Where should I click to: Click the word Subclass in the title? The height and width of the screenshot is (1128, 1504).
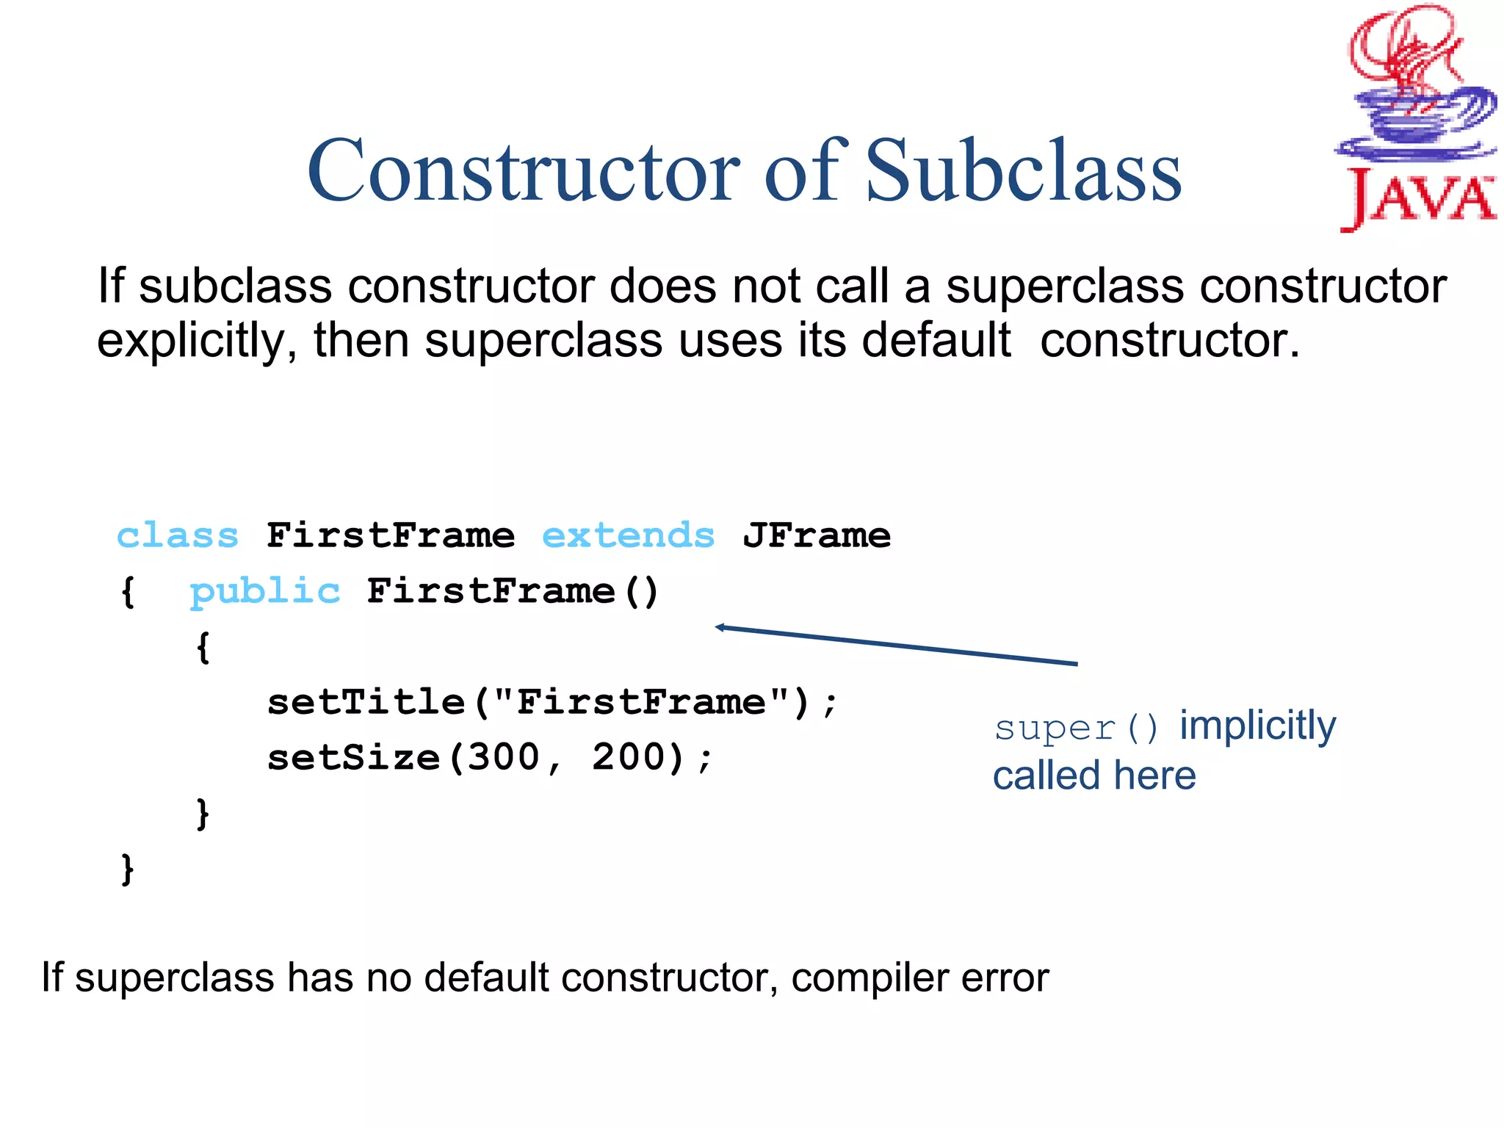(x=1024, y=170)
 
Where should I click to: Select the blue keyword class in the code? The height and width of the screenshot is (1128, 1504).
(x=178, y=535)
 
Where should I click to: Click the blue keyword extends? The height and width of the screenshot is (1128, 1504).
(x=628, y=535)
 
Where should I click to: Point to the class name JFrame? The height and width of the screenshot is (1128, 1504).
(x=817, y=535)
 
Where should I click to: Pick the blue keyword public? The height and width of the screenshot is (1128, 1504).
(x=265, y=591)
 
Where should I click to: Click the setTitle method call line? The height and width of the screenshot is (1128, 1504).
(x=552, y=702)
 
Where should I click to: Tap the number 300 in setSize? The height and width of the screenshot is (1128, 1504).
(x=504, y=757)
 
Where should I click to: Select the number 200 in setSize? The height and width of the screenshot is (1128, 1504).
(x=629, y=757)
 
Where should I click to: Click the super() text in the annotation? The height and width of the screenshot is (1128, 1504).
(x=1076, y=728)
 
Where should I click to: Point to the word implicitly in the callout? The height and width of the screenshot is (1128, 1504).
(x=1257, y=726)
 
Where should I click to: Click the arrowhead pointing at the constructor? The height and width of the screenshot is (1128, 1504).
(x=721, y=627)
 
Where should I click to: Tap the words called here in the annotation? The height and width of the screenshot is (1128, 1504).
(x=1094, y=776)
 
